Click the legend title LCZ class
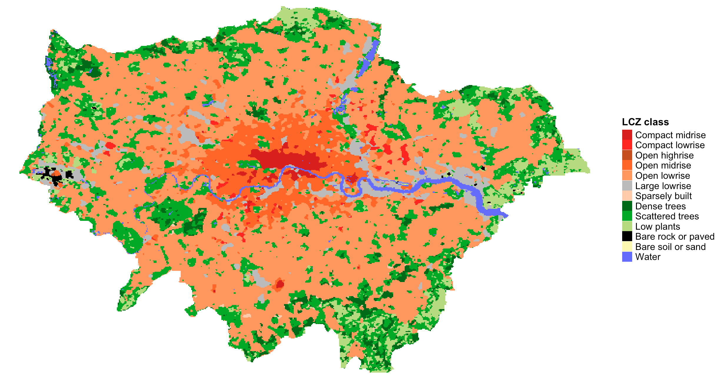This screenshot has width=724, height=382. coord(645,122)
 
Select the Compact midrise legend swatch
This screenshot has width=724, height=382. coord(627,135)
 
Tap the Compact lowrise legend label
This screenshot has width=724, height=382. coord(670,145)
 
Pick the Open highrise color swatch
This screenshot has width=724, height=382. coord(627,155)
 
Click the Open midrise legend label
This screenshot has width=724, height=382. coord(663,165)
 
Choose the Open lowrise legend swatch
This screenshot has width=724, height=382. coord(627,176)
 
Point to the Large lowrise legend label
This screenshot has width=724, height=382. coord(663,186)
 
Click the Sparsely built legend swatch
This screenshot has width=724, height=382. coord(627,196)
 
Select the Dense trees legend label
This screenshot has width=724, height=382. coord(660,206)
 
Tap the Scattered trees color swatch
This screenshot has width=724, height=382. coord(627,216)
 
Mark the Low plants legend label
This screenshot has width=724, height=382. coord(657,226)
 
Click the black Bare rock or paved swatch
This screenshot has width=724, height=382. coord(627,236)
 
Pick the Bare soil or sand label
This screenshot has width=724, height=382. coord(670,247)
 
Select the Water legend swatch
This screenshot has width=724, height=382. coord(627,257)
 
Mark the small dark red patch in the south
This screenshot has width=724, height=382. coord(280,284)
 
